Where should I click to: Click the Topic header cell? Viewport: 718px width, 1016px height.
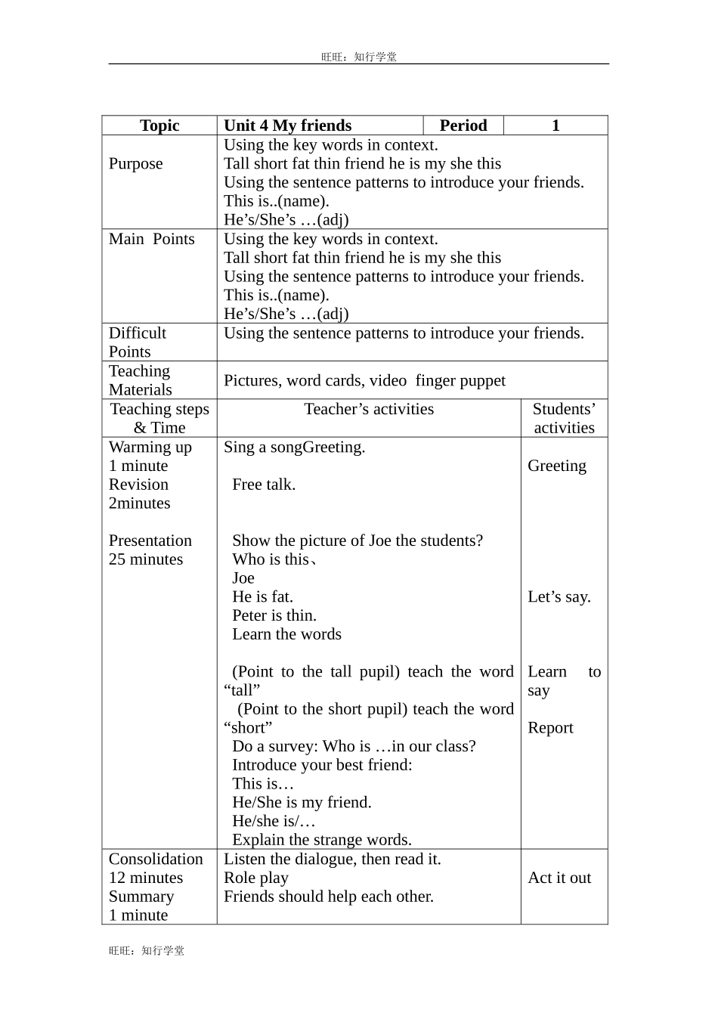tap(159, 125)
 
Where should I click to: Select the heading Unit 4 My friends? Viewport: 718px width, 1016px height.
tap(287, 125)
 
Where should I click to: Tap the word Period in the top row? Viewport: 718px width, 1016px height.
tap(463, 125)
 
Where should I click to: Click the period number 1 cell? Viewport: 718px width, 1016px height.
tap(556, 125)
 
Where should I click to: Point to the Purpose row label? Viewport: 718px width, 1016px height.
tap(135, 164)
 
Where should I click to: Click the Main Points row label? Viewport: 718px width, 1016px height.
tap(151, 239)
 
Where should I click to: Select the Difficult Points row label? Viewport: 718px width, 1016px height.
tap(137, 342)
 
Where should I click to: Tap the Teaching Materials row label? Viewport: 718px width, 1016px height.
tap(140, 380)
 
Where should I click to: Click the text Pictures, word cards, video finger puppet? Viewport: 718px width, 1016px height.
tap(364, 380)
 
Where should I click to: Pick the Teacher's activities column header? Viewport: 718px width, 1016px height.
tap(369, 409)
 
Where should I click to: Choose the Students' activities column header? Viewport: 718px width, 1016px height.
tap(564, 418)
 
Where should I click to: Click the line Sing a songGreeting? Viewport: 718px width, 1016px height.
tap(294, 447)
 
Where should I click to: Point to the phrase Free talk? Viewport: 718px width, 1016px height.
tap(264, 485)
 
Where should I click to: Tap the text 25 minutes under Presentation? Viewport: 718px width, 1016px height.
tap(146, 559)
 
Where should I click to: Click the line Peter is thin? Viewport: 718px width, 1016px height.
tap(274, 615)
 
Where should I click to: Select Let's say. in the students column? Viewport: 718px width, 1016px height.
tap(559, 597)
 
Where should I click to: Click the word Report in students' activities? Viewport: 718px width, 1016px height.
tap(550, 728)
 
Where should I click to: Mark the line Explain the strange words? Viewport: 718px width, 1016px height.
tap(322, 840)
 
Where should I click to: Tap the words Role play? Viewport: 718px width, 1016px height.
tap(256, 878)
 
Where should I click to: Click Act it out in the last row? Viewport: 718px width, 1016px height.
tap(559, 878)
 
